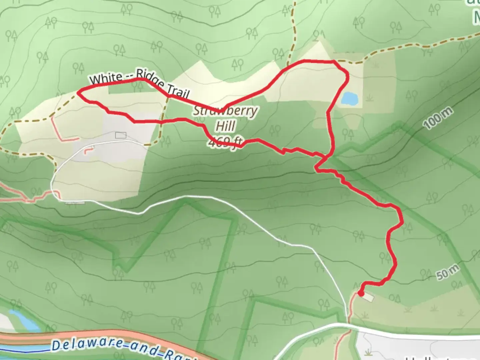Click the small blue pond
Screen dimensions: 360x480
coord(349,98)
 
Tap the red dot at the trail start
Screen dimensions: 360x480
coord(361,293)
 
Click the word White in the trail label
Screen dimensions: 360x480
coord(106,79)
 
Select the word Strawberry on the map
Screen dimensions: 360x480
coord(225,111)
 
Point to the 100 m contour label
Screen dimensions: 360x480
coord(438,118)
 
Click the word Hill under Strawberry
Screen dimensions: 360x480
coord(226,126)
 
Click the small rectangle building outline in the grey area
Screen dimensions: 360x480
coord(121,135)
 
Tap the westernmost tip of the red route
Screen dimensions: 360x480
coord(78,92)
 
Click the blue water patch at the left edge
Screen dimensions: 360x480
coord(20,320)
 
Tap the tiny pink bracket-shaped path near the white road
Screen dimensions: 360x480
coord(88,151)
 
